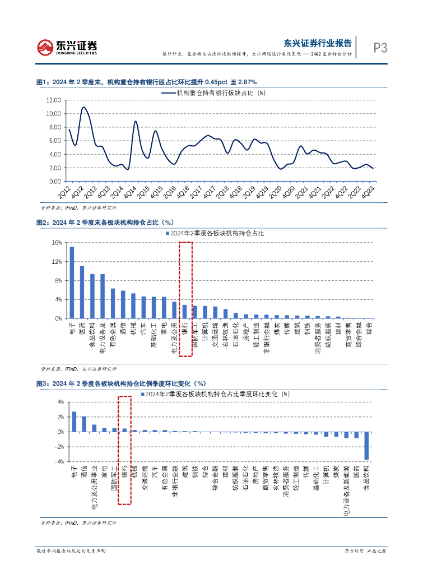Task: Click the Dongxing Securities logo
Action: (67, 48)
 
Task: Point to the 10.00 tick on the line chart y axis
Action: (53, 114)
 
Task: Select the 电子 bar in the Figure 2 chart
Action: (72, 282)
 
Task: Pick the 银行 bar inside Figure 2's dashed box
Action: (184, 311)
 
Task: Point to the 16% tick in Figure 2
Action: (57, 243)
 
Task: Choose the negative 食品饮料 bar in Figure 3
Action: (366, 446)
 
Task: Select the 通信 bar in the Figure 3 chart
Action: (84, 424)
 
